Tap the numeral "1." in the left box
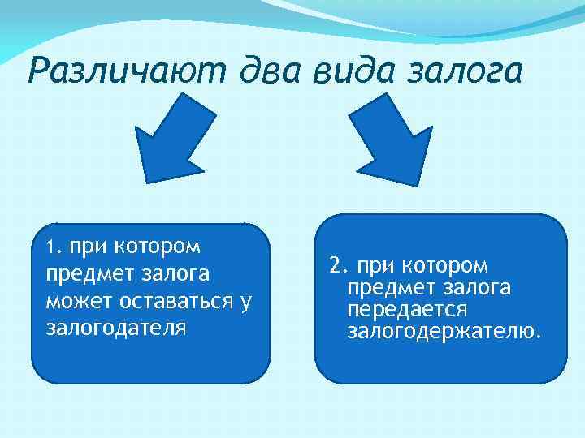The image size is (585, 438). coord(54,246)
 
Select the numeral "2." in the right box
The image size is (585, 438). coord(339,266)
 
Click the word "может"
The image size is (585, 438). coord(74,303)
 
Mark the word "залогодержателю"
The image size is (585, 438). coord(444,332)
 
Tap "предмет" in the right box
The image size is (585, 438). coord(390,288)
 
